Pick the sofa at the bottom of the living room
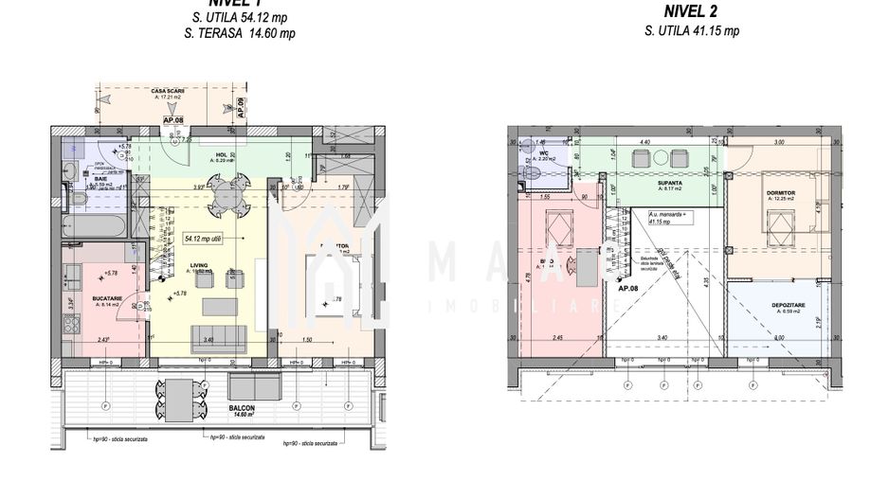(x=219, y=338)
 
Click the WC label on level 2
(x=544, y=151)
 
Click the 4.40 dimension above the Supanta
(x=645, y=142)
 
